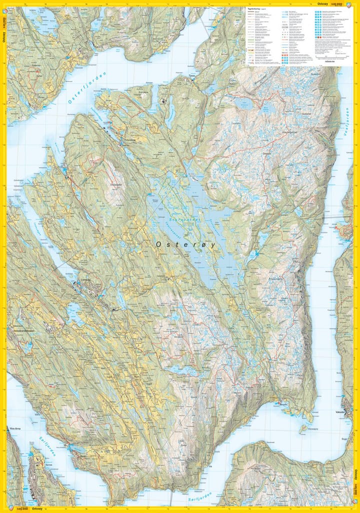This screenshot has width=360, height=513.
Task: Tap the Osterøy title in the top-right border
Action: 323,3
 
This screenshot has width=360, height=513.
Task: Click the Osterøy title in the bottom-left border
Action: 35,509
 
